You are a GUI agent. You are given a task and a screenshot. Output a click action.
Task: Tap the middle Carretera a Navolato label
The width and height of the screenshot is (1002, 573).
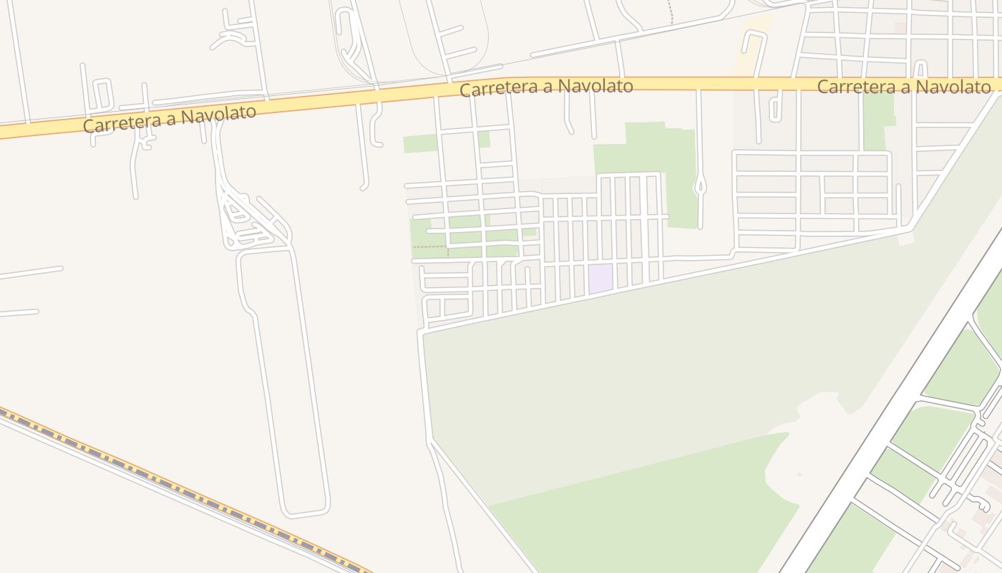[x=546, y=87]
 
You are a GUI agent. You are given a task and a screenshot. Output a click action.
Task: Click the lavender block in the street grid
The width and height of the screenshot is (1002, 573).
[x=600, y=278]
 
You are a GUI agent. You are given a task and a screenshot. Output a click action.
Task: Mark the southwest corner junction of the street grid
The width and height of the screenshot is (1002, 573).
[x=422, y=331]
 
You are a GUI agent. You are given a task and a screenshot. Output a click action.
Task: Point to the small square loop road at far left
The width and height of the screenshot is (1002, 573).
[x=102, y=94]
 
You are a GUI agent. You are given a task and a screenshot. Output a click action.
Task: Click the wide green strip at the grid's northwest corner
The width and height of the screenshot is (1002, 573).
[x=420, y=143]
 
